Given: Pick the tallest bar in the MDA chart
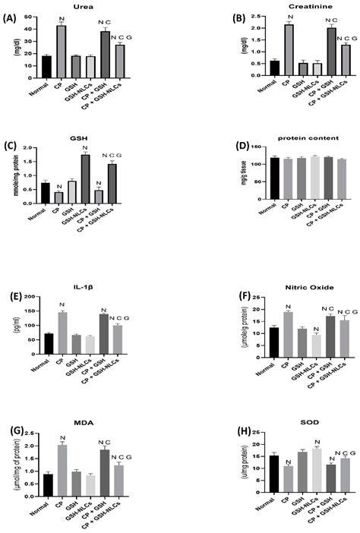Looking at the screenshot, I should click(x=62, y=471).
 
